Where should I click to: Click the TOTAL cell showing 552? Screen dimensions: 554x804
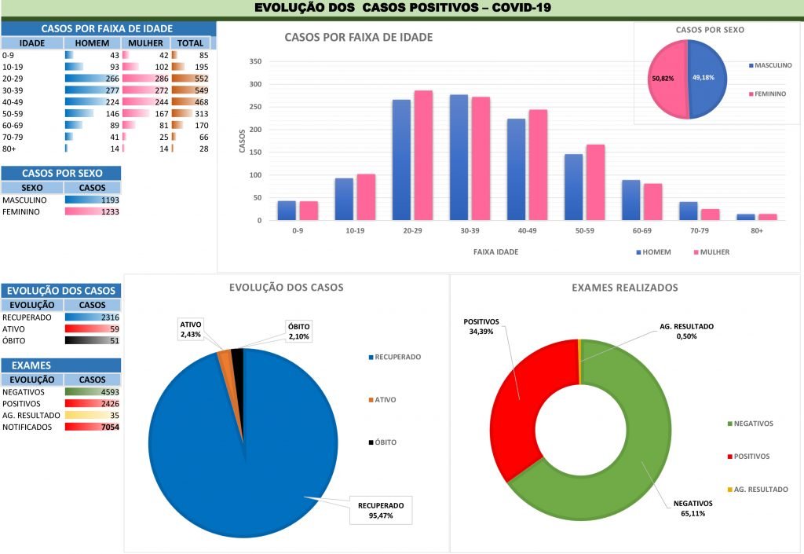tap(196, 79)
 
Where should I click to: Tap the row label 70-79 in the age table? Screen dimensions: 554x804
tap(13, 137)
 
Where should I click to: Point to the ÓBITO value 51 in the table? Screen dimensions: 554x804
tap(112, 340)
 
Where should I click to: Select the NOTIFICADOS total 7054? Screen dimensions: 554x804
tap(108, 427)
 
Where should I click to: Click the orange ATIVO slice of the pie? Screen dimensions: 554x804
tap(225, 358)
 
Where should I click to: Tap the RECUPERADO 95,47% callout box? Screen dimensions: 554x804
tap(381, 511)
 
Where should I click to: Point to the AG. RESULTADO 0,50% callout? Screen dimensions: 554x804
tap(685, 331)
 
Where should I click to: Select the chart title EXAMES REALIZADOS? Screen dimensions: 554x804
tap(624, 288)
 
